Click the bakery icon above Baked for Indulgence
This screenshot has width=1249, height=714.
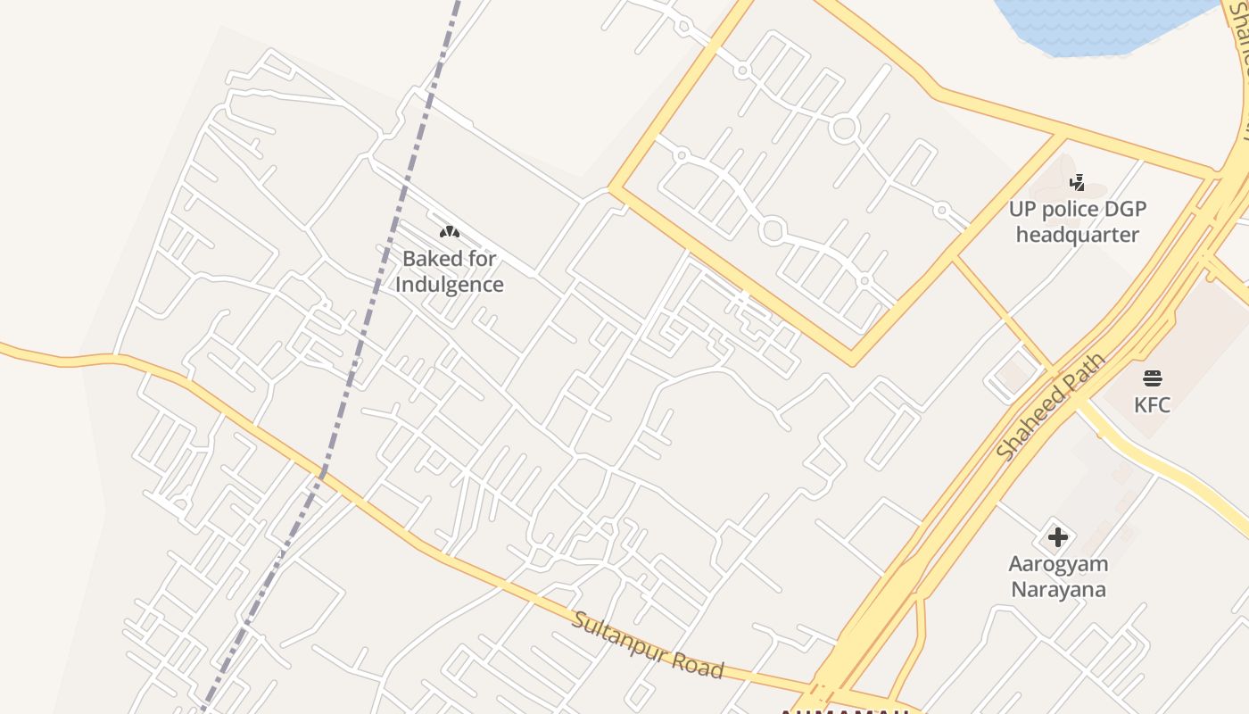(450, 232)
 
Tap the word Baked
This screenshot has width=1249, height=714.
(426, 259)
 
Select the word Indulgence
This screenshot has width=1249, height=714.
(450, 285)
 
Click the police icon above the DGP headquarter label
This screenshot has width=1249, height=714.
(1078, 183)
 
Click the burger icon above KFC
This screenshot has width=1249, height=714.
(1152, 378)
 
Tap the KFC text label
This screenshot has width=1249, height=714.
(1152, 405)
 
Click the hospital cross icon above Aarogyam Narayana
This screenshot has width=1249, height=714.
(1058, 537)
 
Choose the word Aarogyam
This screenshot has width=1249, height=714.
(1058, 564)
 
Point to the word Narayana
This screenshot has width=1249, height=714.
(1058, 590)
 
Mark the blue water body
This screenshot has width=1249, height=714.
(1097, 22)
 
